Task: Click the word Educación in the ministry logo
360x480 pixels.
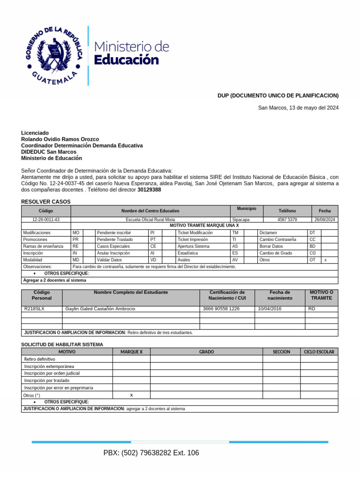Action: [x=127, y=60]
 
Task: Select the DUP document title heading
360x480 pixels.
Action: [x=277, y=96]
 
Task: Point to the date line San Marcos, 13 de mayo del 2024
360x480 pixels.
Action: [x=298, y=108]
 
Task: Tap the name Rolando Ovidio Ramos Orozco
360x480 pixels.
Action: [x=60, y=139]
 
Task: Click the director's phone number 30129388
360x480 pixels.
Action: [x=149, y=190]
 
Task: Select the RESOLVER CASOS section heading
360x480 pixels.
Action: [x=46, y=202]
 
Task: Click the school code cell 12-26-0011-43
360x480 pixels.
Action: [x=45, y=219]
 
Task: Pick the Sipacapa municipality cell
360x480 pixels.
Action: [x=241, y=219]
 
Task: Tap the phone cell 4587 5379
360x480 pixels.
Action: [x=287, y=219]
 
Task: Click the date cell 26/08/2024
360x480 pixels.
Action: [x=325, y=219]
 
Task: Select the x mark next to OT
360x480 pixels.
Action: [x=325, y=260]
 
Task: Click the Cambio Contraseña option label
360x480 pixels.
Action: [x=277, y=239]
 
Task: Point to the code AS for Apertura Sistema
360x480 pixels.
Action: [x=235, y=246]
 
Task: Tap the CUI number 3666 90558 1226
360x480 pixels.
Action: [x=221, y=309]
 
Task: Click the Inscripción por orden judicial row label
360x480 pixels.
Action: [x=52, y=373]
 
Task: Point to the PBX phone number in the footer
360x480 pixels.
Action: [x=151, y=453]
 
